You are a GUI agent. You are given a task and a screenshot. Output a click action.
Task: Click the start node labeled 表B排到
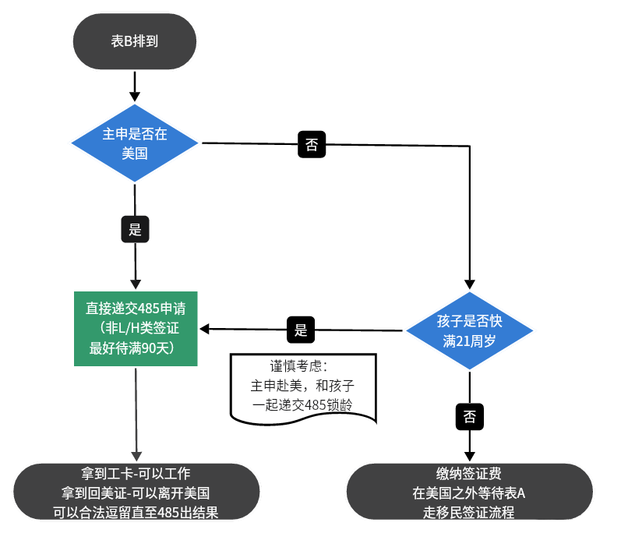click(135, 41)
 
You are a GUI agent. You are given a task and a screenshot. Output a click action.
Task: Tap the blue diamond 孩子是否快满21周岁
click(470, 331)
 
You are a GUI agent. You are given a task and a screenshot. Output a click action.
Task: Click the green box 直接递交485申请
click(136, 328)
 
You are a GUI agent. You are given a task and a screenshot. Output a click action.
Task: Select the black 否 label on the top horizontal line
click(312, 144)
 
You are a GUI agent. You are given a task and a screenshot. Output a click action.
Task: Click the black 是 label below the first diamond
click(135, 229)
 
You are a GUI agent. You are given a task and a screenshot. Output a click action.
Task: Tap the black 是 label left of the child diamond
click(302, 330)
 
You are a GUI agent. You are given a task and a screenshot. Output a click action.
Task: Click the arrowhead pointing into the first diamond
click(135, 96)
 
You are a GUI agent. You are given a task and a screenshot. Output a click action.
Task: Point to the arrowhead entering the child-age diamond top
click(470, 284)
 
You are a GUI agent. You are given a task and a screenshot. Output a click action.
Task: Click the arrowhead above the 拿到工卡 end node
click(137, 455)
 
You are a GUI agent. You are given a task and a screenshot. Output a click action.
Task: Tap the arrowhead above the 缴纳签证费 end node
click(470, 455)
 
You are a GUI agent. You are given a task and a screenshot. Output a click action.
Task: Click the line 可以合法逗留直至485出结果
click(136, 512)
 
